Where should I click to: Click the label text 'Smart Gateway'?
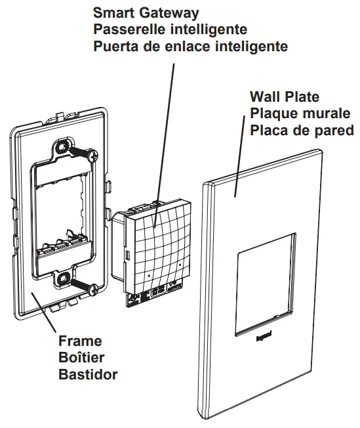coord(146,12)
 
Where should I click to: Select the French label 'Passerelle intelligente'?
coord(170,30)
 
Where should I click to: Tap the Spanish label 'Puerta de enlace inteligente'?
coord(190,47)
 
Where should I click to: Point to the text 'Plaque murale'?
coord(299,113)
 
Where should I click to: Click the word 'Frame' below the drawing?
coord(80,341)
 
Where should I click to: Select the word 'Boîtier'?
coord(81,358)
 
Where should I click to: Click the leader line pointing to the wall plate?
coord(240,165)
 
